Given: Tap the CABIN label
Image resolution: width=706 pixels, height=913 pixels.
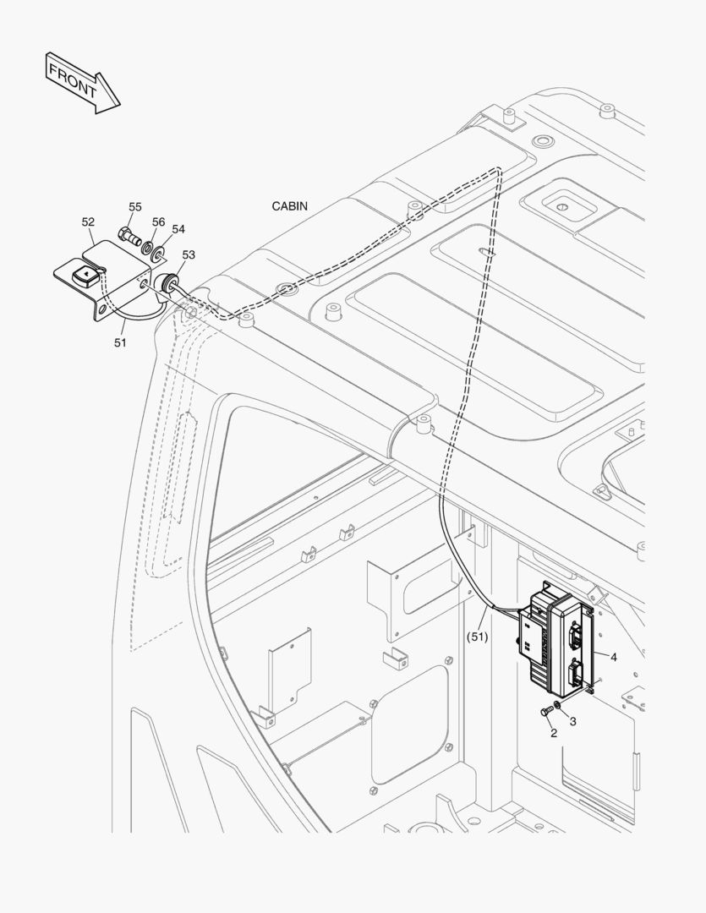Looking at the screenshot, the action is click(289, 206).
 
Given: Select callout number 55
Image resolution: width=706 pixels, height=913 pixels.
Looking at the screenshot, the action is click(135, 207).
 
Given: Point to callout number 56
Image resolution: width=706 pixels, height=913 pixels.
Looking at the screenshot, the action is click(158, 221).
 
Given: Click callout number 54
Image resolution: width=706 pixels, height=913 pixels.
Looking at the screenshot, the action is click(178, 229).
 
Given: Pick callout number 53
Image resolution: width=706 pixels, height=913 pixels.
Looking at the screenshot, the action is click(189, 254).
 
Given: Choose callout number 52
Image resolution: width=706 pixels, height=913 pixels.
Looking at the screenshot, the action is click(88, 221).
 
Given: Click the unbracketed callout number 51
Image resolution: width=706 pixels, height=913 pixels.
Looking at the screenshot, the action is click(120, 342).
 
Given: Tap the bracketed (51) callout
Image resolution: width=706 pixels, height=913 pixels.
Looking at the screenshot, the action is click(477, 637).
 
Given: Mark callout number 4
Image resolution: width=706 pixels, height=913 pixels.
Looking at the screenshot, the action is click(613, 657).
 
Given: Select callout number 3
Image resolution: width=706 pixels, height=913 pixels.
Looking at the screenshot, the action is click(572, 721).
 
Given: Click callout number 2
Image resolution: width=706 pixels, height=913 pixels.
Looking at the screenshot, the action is click(553, 733).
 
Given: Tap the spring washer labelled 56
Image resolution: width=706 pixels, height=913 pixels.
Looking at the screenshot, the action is click(149, 247).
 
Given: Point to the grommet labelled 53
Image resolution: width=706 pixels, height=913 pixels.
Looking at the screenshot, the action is click(167, 282).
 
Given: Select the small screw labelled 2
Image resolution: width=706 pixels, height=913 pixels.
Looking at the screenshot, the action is click(547, 712).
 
